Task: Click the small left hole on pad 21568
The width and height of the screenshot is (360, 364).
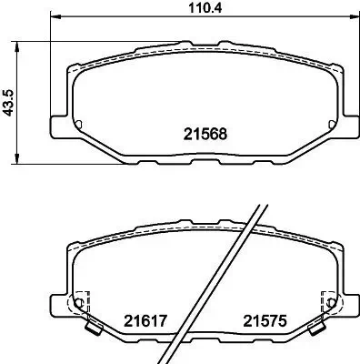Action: [x=78, y=124]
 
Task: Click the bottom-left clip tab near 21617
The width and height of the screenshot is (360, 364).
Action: [x=92, y=329]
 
